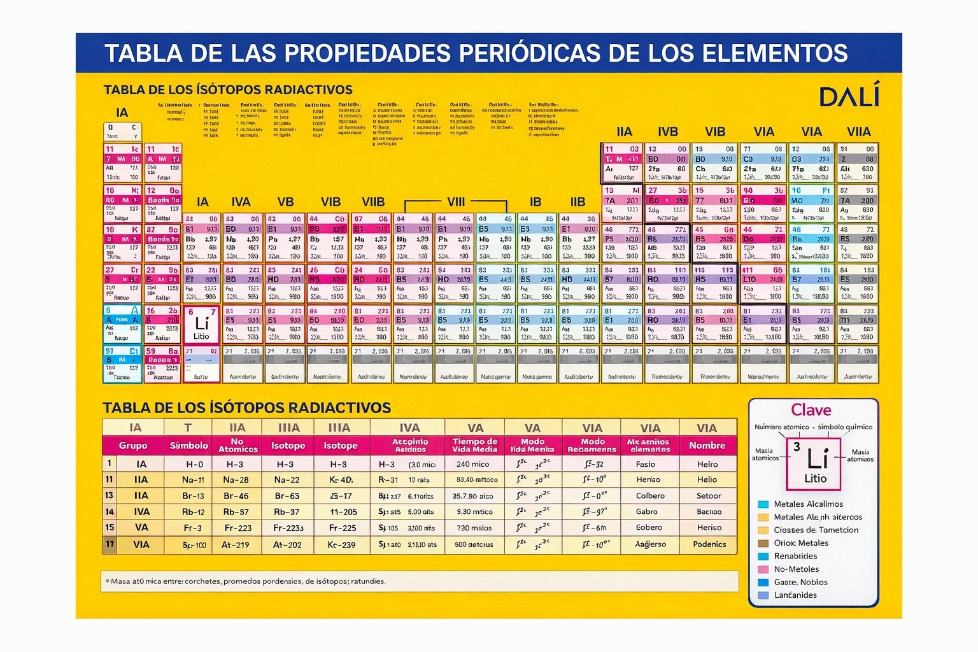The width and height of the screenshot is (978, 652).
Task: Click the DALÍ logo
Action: coord(849,96)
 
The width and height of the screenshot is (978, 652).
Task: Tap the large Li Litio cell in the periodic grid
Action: coord(202,325)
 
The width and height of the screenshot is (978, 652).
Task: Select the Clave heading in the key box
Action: coord(811,410)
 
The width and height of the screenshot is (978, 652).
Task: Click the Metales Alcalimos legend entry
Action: coord(808,504)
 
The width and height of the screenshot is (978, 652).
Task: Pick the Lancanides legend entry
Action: coord(795,595)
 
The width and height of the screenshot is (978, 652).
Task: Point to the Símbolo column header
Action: coord(188,446)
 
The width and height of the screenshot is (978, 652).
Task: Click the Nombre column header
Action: coord(707,446)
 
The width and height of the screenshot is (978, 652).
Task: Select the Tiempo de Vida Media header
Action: coord(474,445)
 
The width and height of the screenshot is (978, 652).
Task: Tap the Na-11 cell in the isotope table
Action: coord(193,480)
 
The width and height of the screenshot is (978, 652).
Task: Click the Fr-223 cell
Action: coord(237,528)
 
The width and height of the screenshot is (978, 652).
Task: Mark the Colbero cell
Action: coord(650,496)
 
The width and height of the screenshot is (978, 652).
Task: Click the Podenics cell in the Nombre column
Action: coord(709,544)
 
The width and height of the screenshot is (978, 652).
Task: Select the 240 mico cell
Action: coord(472,464)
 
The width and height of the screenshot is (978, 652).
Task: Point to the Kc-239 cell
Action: coord(341,545)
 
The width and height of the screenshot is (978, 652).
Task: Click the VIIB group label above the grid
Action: coord(373,202)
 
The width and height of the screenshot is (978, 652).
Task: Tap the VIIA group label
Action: coord(858,132)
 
